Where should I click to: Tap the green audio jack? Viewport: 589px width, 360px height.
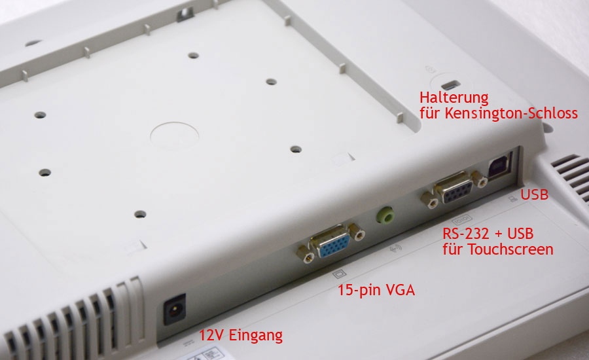pyautogui.click(x=385, y=215)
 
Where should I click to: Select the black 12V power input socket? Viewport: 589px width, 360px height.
pyautogui.click(x=174, y=309)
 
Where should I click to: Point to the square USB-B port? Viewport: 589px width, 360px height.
pyautogui.click(x=499, y=166)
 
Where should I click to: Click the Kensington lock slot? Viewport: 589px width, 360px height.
pyautogui.click(x=450, y=84)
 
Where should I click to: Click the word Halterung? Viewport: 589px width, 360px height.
pyautogui.click(x=454, y=98)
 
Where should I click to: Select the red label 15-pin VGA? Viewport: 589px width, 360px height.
pyautogui.click(x=376, y=290)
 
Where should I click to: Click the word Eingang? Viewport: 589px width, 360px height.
pyautogui.click(x=255, y=335)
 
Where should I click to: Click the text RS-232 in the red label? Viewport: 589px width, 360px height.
pyautogui.click(x=466, y=234)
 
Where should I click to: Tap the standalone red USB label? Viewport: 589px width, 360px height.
pyautogui.click(x=534, y=194)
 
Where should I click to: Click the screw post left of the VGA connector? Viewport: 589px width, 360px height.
pyautogui.click(x=306, y=255)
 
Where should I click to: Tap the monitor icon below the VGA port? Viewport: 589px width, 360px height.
pyautogui.click(x=339, y=274)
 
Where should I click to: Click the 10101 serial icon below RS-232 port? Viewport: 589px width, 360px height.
pyautogui.click(x=461, y=219)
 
